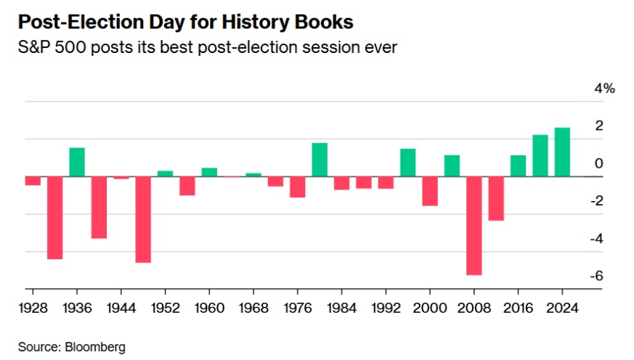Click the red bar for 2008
tap(474, 225)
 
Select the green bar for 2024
tap(562, 152)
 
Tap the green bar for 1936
tap(77, 162)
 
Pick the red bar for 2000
tap(430, 191)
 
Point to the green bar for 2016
tap(518, 165)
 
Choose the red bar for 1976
tap(297, 187)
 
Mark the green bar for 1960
tap(209, 172)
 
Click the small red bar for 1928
tap(33, 181)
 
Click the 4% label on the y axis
tap(605, 89)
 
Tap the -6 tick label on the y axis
tap(597, 276)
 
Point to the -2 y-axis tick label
tap(597, 201)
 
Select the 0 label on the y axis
tap(599, 163)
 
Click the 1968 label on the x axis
tap(253, 307)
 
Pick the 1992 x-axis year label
tap(386, 307)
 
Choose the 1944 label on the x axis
tap(121, 307)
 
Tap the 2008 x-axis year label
tap(474, 307)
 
